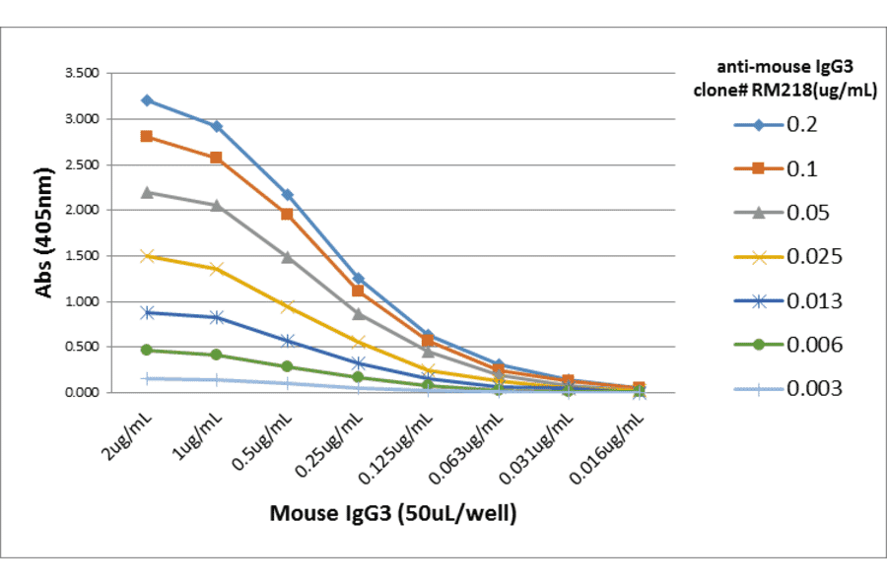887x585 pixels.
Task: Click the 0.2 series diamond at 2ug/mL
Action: click(147, 100)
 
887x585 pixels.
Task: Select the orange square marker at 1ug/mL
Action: click(216, 158)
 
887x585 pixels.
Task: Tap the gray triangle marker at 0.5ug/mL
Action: click(288, 257)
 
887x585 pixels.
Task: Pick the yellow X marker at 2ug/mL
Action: click(147, 256)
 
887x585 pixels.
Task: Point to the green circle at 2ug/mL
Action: click(147, 350)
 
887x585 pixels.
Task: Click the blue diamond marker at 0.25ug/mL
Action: click(358, 279)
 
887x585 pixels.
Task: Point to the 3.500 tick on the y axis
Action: click(81, 74)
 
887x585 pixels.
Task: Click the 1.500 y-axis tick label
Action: click(81, 256)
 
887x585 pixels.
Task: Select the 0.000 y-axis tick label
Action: click(81, 393)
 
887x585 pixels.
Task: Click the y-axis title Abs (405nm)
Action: click(43, 232)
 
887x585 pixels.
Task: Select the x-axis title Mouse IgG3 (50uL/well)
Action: click(393, 513)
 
